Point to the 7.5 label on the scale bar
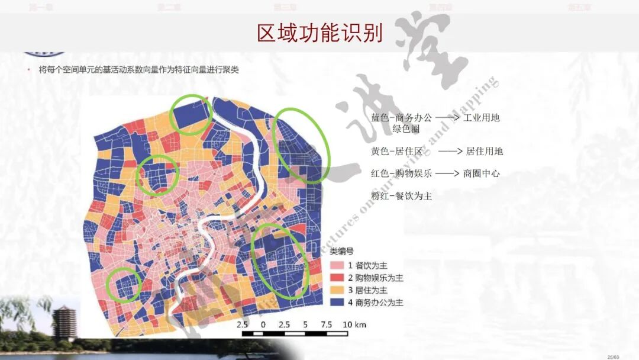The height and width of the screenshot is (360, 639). click(x=325, y=324)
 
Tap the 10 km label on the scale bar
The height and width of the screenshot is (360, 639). click(x=355, y=324)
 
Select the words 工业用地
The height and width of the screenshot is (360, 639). click(x=482, y=117)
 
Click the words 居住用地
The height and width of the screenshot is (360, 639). click(x=485, y=151)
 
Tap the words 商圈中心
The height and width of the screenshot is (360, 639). click(x=482, y=173)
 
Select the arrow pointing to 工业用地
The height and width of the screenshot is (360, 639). click(x=448, y=118)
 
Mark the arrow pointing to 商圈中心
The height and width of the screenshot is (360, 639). click(x=448, y=173)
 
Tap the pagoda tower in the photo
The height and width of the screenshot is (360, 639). click(x=63, y=323)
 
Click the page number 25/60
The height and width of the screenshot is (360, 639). click(x=612, y=356)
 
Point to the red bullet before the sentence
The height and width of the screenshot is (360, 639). click(x=28, y=70)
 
